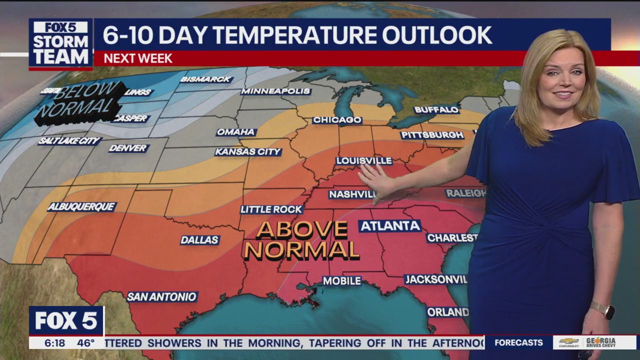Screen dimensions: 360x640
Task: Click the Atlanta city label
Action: (390, 226)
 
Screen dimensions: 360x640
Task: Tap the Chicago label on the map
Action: (337, 120)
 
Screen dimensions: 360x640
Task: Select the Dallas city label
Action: (200, 240)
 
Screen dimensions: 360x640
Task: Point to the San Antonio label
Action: (161, 296)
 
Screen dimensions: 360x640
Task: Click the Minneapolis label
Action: (275, 91)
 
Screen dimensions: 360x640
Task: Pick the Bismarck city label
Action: (206, 79)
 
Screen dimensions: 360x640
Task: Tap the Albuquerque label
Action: (82, 206)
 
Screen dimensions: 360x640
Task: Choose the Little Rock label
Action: (271, 209)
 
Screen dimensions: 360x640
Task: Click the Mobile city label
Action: (342, 281)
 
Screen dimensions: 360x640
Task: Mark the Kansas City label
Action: (248, 151)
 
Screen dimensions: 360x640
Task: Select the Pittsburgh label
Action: (432, 135)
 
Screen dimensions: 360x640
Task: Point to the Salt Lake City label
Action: (69, 141)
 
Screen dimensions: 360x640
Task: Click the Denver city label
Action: (128, 148)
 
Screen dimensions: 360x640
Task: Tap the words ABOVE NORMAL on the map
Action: (302, 240)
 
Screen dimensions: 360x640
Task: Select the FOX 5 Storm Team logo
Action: (61, 44)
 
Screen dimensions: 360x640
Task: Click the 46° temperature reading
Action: (85, 343)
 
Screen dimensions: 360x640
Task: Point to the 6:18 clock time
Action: (54, 343)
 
